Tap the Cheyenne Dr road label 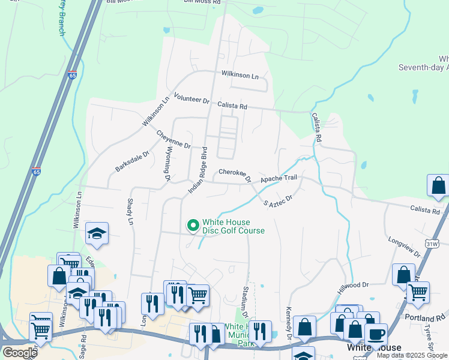(173, 139)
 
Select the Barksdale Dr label (132, 161)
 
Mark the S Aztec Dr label (278, 200)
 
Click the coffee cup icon (376, 334)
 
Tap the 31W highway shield (432, 244)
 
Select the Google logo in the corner (19, 352)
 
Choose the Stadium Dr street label (244, 302)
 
